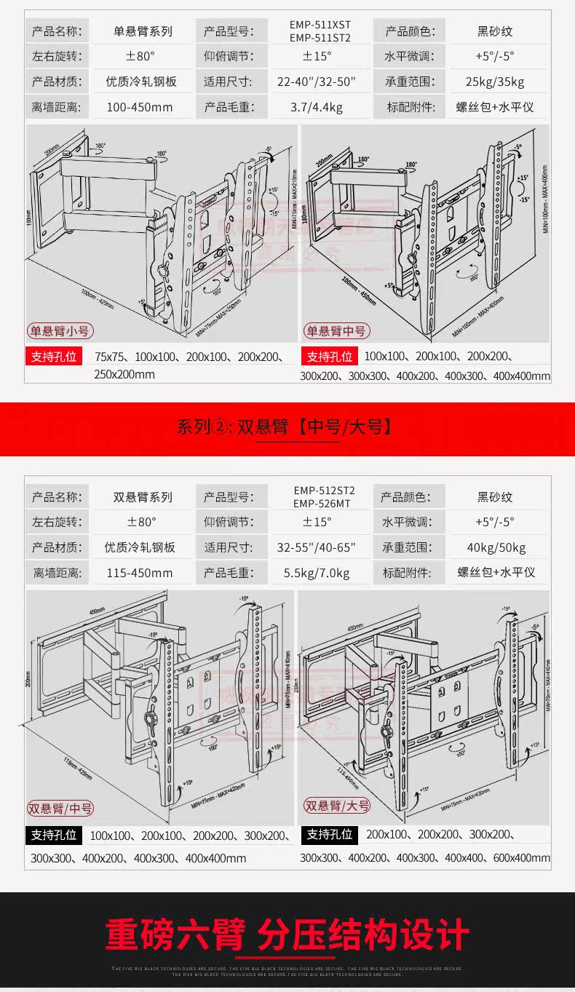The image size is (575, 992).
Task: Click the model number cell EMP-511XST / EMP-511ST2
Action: pyautogui.click(x=320, y=31)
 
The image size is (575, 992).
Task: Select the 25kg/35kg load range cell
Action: pyautogui.click(x=495, y=82)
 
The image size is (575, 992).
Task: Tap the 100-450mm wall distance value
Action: pyautogui.click(x=140, y=107)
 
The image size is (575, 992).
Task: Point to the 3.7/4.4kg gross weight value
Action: pyautogui.click(x=316, y=107)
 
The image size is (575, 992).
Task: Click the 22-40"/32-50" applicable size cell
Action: pyautogui.click(x=317, y=82)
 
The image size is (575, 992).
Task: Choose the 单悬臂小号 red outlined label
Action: pyautogui.click(x=60, y=331)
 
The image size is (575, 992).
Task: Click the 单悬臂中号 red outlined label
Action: pyautogui.click(x=336, y=331)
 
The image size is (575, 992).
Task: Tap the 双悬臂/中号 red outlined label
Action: pyautogui.click(x=60, y=808)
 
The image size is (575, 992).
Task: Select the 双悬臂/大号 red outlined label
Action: pyautogui.click(x=337, y=806)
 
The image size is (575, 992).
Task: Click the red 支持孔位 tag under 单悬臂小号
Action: pyautogui.click(x=52, y=357)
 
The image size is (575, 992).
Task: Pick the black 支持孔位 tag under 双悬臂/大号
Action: pyautogui.click(x=329, y=834)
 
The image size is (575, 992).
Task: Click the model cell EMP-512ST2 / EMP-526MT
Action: pyautogui.click(x=321, y=497)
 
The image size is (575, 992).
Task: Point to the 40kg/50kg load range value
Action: pyautogui.click(x=496, y=547)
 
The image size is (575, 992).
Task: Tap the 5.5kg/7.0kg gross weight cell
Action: pyautogui.click(x=317, y=573)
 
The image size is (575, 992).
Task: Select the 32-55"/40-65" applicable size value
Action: pyautogui.click(x=317, y=547)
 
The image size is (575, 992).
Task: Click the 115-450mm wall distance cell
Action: pyautogui.click(x=140, y=573)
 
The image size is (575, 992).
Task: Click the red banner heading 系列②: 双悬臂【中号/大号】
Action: pyautogui.click(x=287, y=426)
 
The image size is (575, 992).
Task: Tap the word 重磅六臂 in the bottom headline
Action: pyautogui.click(x=175, y=935)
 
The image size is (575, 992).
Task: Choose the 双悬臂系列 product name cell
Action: pyautogui.click(x=143, y=498)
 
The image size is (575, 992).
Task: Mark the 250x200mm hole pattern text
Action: pyautogui.click(x=124, y=374)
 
